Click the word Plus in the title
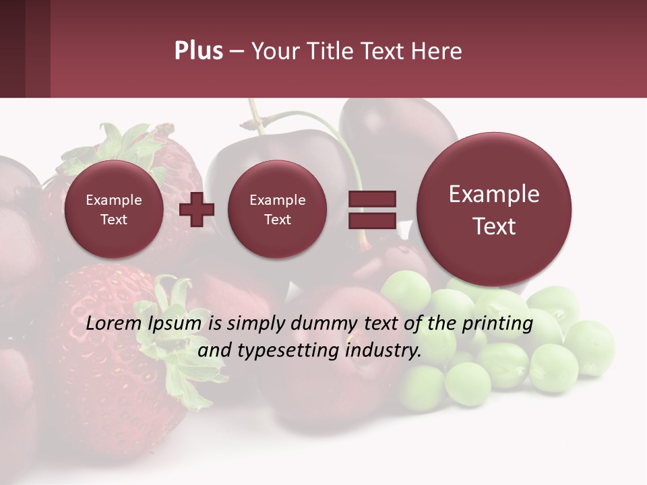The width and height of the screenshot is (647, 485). click(198, 51)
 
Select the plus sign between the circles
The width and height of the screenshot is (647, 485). click(197, 209)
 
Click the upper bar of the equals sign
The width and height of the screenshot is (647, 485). click(371, 199)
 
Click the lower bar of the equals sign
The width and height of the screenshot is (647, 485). click(371, 220)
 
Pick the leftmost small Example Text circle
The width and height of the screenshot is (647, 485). click(113, 209)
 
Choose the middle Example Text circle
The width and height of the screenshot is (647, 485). click(277, 209)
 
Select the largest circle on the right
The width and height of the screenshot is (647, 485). click(494, 209)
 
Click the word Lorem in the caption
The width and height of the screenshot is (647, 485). click(113, 324)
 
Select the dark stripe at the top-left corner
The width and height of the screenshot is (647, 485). click(12, 48)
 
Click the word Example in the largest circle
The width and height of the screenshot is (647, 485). click(494, 194)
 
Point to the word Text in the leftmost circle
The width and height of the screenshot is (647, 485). click(113, 220)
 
